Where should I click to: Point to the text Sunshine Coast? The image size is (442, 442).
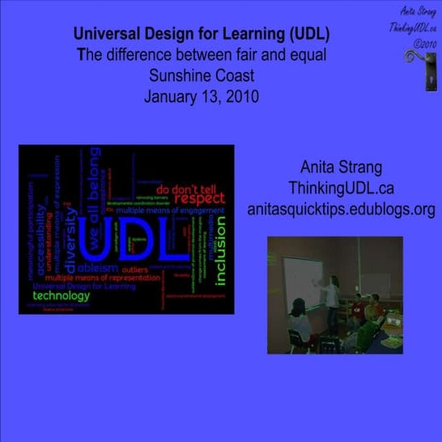tap(202, 77)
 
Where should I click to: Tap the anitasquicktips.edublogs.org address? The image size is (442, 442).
tap(341, 208)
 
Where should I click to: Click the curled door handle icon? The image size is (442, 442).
tap(415, 71)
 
